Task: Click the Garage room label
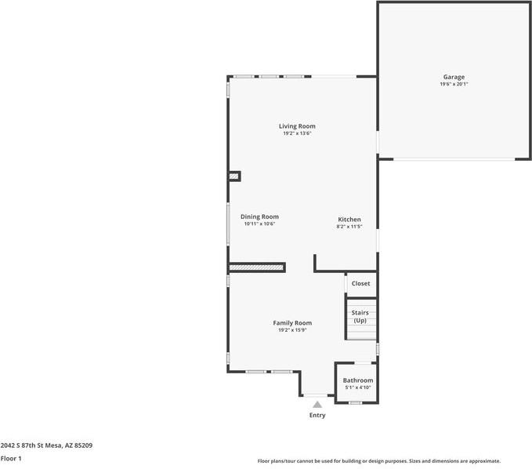pos(454,77)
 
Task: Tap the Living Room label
pos(297,125)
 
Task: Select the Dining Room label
pos(259,216)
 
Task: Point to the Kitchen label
pos(349,219)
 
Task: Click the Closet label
pos(360,283)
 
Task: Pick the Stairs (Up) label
pos(360,316)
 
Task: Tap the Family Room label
pos(292,322)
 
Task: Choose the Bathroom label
pos(357,380)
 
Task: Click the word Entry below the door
pos(317,415)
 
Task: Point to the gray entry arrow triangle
pos(317,404)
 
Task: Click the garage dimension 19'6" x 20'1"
pos(454,84)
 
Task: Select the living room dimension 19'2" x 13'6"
pos(297,133)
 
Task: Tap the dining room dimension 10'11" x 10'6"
pos(259,224)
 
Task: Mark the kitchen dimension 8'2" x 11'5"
pos(349,226)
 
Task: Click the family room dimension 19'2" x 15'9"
pos(292,330)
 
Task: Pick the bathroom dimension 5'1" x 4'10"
pos(357,387)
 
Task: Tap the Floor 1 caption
pos(11,458)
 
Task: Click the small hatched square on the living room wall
pos(233,176)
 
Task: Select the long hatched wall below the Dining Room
pos(256,267)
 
